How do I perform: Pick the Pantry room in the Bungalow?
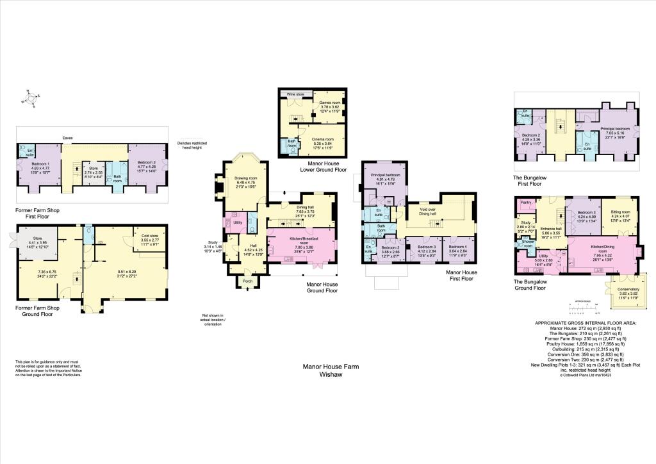pos(527,203)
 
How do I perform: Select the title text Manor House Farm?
pos(331,367)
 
